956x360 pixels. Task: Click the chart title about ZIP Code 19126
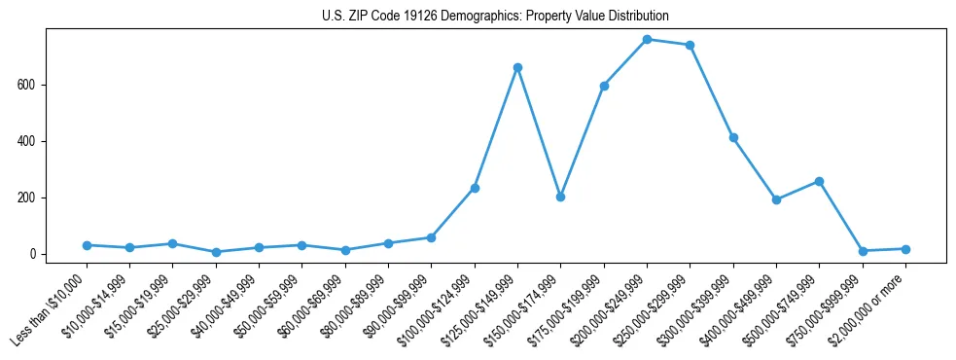[495, 17]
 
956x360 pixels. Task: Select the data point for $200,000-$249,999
[647, 39]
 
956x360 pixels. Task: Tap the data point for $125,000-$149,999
[517, 67]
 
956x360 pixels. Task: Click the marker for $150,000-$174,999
[560, 197]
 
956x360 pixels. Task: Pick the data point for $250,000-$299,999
[690, 45]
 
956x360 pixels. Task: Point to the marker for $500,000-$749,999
[819, 181]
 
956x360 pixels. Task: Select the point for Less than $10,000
[87, 245]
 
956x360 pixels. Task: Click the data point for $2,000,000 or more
[905, 249]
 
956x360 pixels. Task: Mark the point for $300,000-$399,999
[733, 137]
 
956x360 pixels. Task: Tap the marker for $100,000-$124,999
[475, 188]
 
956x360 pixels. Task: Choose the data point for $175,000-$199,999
[604, 86]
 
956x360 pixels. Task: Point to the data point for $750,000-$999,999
[863, 251]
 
